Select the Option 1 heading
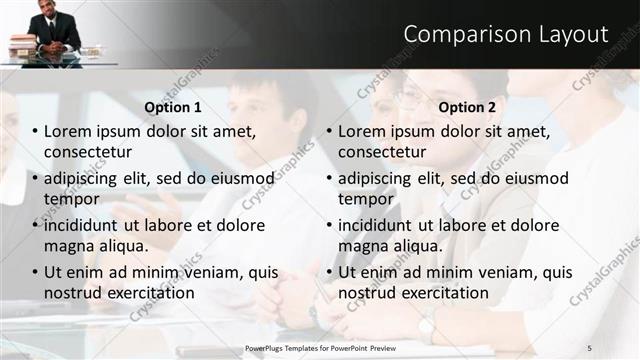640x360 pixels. [173, 107]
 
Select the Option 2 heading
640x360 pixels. [466, 107]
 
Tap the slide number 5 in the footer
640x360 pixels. [590, 347]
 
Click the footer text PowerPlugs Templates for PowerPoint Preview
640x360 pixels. [320, 347]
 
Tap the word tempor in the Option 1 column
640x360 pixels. [69, 198]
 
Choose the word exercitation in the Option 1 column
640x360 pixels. [146, 293]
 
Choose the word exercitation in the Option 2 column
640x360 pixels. [440, 293]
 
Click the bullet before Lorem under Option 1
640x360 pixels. [35, 131]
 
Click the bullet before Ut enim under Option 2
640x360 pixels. [329, 272]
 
